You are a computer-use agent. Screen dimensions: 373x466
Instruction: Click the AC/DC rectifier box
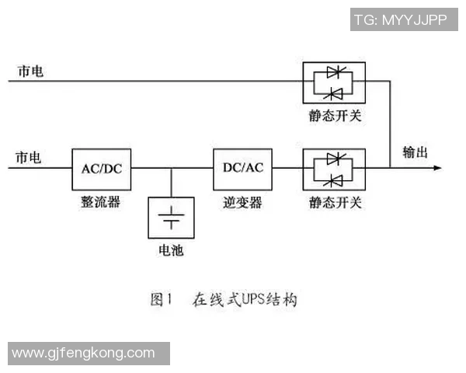(102, 168)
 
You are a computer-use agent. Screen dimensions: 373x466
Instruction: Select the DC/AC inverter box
(243, 168)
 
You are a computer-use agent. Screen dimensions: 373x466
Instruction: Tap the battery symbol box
(171, 217)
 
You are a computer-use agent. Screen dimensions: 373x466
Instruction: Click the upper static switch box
(334, 82)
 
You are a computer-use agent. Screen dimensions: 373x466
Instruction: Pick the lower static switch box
(334, 169)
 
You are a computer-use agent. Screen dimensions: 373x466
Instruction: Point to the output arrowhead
(439, 167)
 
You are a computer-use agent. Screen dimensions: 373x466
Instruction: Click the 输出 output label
(416, 152)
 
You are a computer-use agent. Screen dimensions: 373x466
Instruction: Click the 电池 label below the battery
(171, 251)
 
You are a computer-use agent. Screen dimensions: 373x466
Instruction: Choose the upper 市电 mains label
(31, 71)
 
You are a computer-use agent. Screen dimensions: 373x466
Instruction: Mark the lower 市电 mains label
(29, 158)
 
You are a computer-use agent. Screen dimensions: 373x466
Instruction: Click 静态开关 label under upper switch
(335, 117)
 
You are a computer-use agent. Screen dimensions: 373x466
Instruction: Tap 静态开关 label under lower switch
(335, 202)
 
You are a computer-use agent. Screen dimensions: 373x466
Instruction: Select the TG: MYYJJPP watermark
(400, 19)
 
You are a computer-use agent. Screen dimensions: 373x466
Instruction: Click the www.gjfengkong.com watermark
(84, 353)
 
